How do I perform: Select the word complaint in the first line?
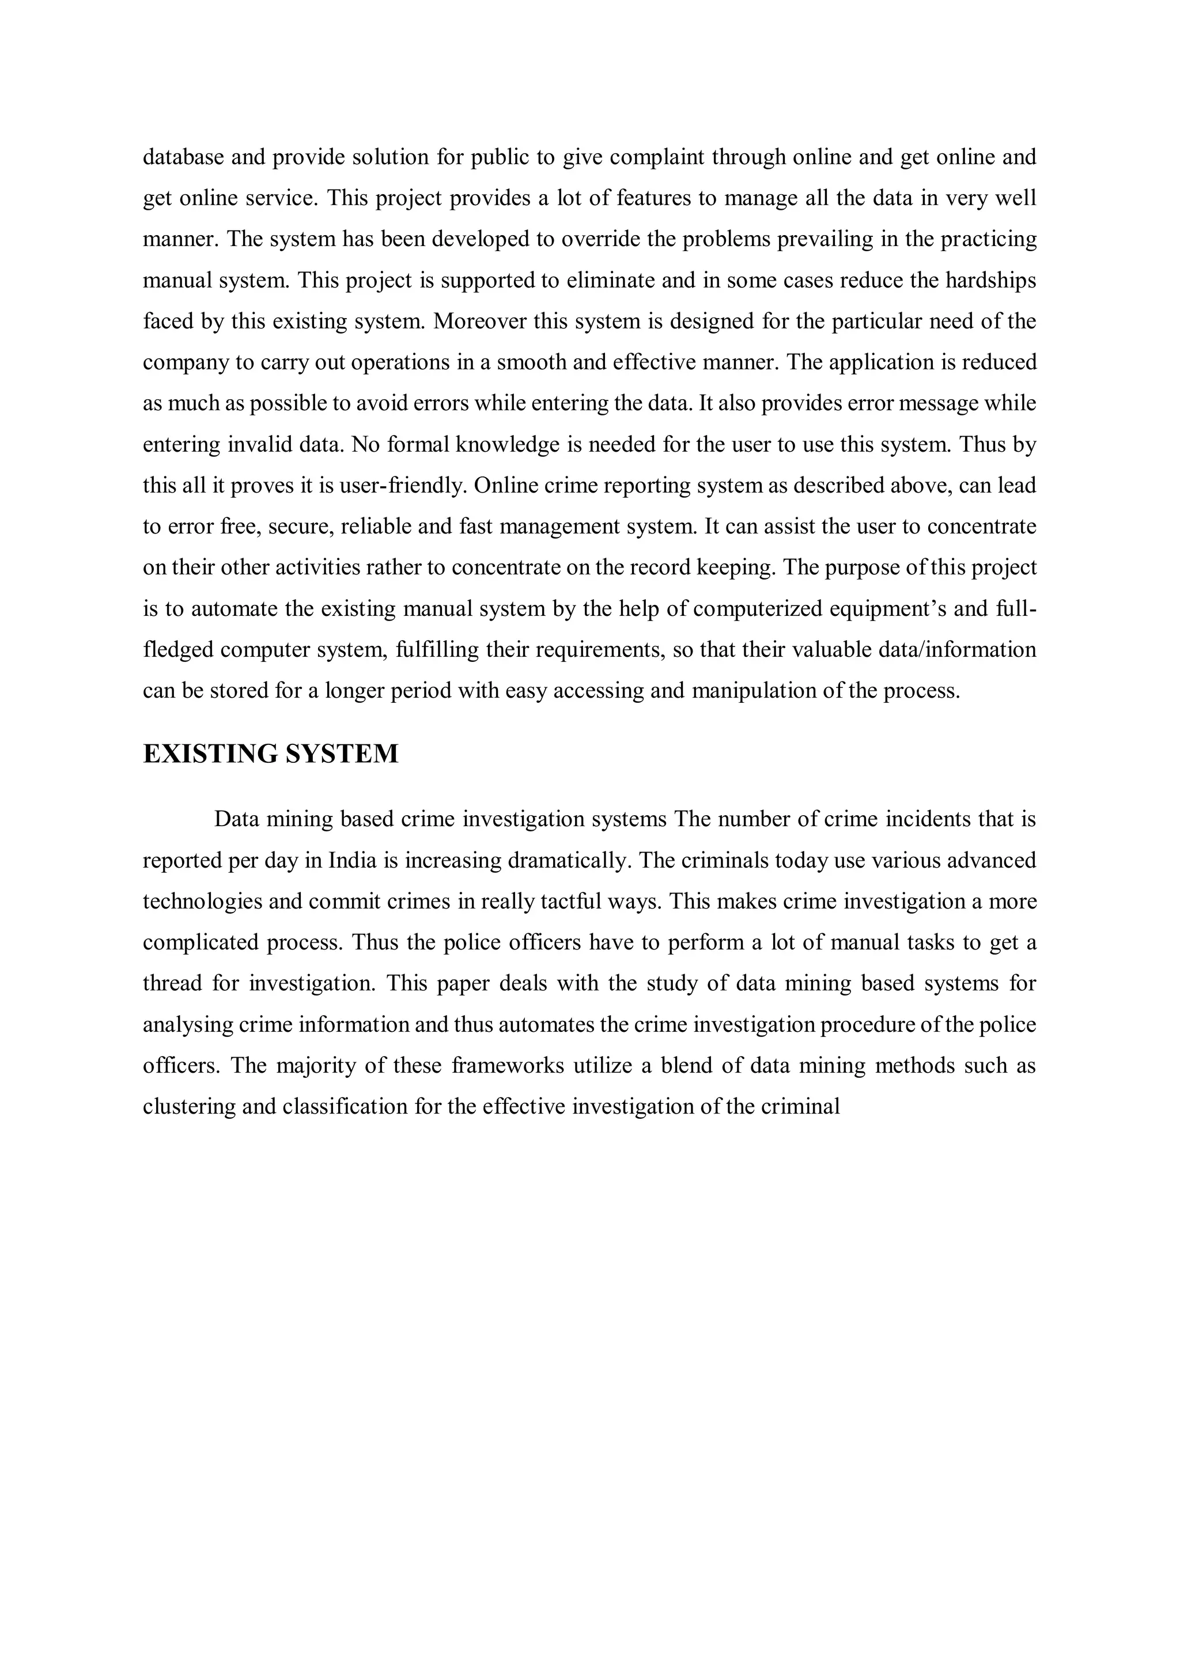(x=656, y=157)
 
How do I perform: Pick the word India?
(x=353, y=861)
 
